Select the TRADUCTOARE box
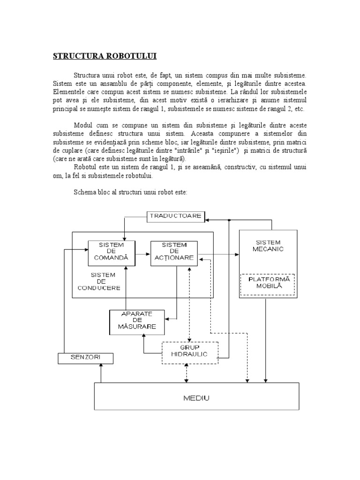pyautogui.click(x=176, y=216)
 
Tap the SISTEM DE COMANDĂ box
pyautogui.click(x=111, y=253)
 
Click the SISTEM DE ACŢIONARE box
pyautogui.click(x=174, y=253)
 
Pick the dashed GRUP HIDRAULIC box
pyautogui.click(x=190, y=352)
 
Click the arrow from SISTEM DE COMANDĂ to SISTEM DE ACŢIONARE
pyautogui.click(x=142, y=256)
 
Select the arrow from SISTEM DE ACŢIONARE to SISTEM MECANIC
pyautogui.click(x=218, y=255)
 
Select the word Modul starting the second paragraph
pyautogui.click(x=83, y=125)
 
